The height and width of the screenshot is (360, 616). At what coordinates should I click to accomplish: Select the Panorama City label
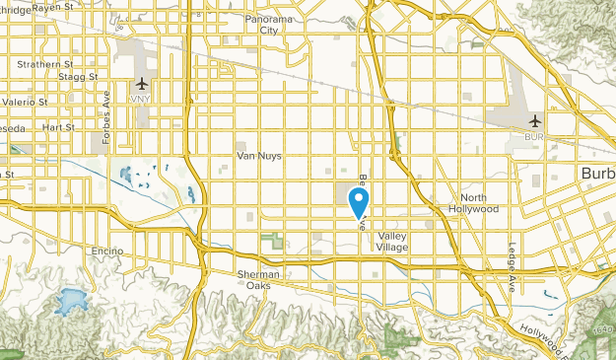click(x=268, y=25)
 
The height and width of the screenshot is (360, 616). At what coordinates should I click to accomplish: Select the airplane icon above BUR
click(x=535, y=121)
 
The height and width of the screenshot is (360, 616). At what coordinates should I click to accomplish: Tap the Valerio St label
click(x=24, y=102)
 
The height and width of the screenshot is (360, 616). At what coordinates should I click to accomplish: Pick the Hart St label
click(x=58, y=127)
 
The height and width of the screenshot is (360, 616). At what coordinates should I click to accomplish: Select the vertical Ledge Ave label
click(x=513, y=267)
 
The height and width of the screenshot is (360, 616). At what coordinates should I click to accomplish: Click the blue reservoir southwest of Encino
click(x=68, y=301)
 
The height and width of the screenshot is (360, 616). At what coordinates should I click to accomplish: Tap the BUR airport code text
click(x=535, y=137)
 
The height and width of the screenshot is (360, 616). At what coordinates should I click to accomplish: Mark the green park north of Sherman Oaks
click(x=274, y=240)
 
